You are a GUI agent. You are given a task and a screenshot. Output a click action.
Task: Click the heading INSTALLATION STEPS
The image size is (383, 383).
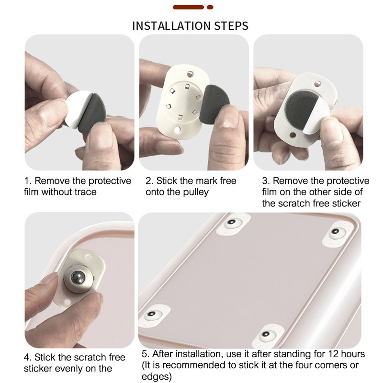(x=190, y=26)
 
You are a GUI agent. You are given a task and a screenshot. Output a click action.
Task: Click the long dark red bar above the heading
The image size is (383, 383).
(x=188, y=7)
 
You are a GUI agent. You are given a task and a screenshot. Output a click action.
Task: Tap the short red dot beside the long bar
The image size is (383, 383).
(x=210, y=7)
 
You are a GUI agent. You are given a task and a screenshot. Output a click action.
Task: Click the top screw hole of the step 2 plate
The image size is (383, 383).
(x=190, y=74)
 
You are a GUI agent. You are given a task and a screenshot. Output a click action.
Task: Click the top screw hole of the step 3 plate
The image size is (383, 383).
(x=317, y=84)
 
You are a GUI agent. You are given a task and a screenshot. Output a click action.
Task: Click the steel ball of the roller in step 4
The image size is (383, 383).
(x=78, y=278)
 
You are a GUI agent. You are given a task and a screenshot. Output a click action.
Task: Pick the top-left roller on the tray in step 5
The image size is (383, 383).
(x=233, y=224)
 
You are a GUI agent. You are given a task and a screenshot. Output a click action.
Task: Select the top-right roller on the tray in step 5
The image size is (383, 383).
(x=337, y=233)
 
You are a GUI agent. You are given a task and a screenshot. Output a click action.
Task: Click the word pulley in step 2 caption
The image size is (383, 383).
(x=196, y=192)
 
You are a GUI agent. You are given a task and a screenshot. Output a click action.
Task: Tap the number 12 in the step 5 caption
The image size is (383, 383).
(x=333, y=354)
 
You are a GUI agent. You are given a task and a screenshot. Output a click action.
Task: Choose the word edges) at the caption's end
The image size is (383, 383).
(x=157, y=376)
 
